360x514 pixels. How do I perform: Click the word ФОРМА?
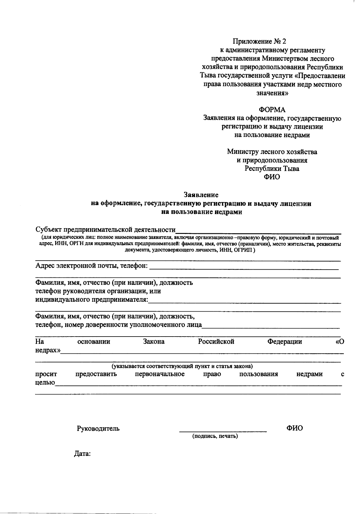pos(272,110)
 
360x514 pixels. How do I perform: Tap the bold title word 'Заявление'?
pos(201,195)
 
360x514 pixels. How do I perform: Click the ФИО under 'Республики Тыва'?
pos(272,177)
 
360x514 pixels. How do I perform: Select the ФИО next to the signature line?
pos(294,428)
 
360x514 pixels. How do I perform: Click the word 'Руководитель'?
pos(98,428)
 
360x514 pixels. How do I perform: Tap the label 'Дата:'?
pos(82,454)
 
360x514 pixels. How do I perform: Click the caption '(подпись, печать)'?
pos(215,436)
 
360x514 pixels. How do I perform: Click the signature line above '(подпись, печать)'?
pos(223,431)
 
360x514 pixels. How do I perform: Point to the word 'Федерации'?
pos(284,342)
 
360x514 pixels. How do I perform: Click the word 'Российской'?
pos(216,342)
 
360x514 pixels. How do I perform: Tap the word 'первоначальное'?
pos(160,374)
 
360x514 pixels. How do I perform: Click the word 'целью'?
pos(45,383)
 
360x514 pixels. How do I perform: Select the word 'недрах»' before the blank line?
pos(47,350)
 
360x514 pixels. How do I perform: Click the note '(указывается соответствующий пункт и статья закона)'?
pos(182,366)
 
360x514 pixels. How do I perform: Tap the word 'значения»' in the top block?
pos(272,93)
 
